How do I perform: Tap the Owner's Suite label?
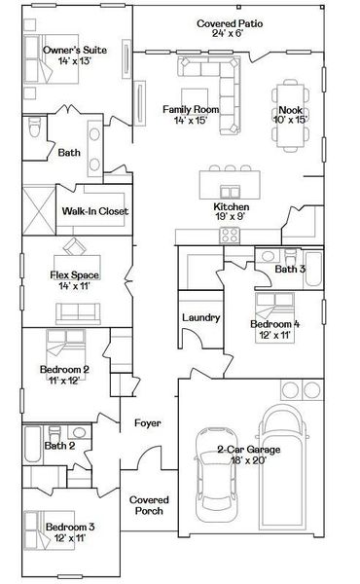pyautogui.click(x=74, y=55)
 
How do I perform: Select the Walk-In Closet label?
pyautogui.click(x=95, y=210)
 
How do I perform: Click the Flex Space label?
pyautogui.click(x=75, y=281)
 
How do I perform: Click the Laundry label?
pyautogui.click(x=198, y=317)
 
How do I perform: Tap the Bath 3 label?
pyautogui.click(x=290, y=269)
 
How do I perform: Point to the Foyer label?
pyautogui.click(x=147, y=423)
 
